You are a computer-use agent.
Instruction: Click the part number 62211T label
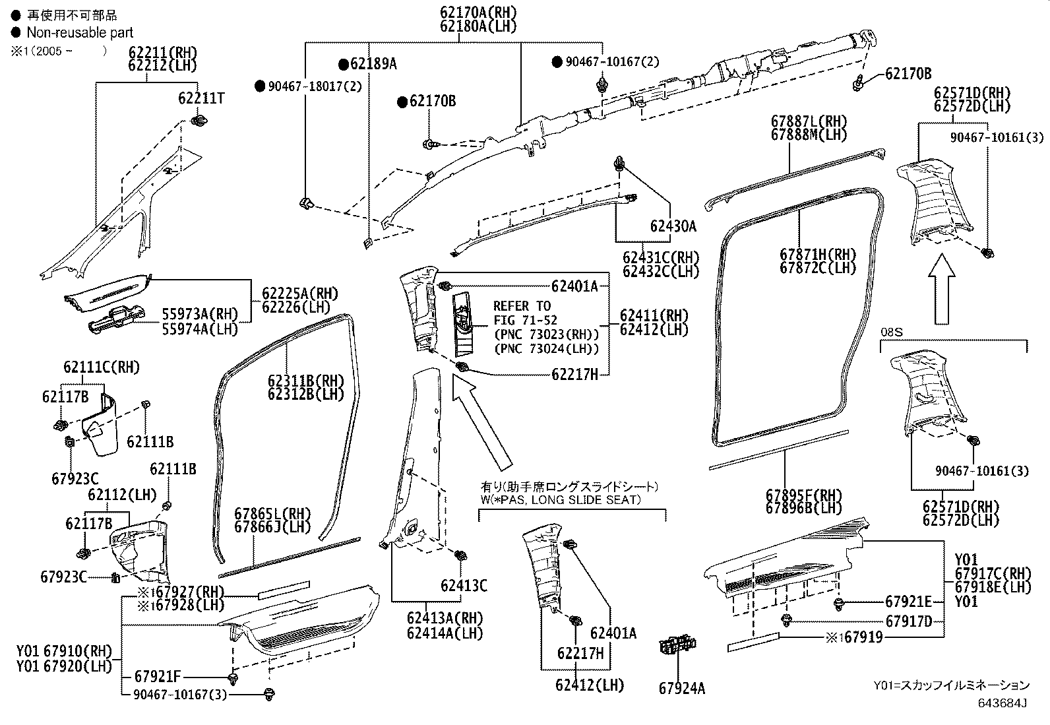201,98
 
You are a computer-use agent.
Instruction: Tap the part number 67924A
681,688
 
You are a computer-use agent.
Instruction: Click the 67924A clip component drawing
677,645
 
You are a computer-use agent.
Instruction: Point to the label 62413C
464,585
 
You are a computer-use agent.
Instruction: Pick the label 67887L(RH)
809,121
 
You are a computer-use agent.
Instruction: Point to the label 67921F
157,676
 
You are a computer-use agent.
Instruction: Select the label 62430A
673,226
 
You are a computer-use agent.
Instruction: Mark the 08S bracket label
891,332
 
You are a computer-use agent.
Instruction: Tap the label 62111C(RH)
102,367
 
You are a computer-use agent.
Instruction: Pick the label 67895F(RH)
804,495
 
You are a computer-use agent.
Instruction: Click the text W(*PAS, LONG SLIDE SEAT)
560,499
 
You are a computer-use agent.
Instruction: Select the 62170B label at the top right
908,73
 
